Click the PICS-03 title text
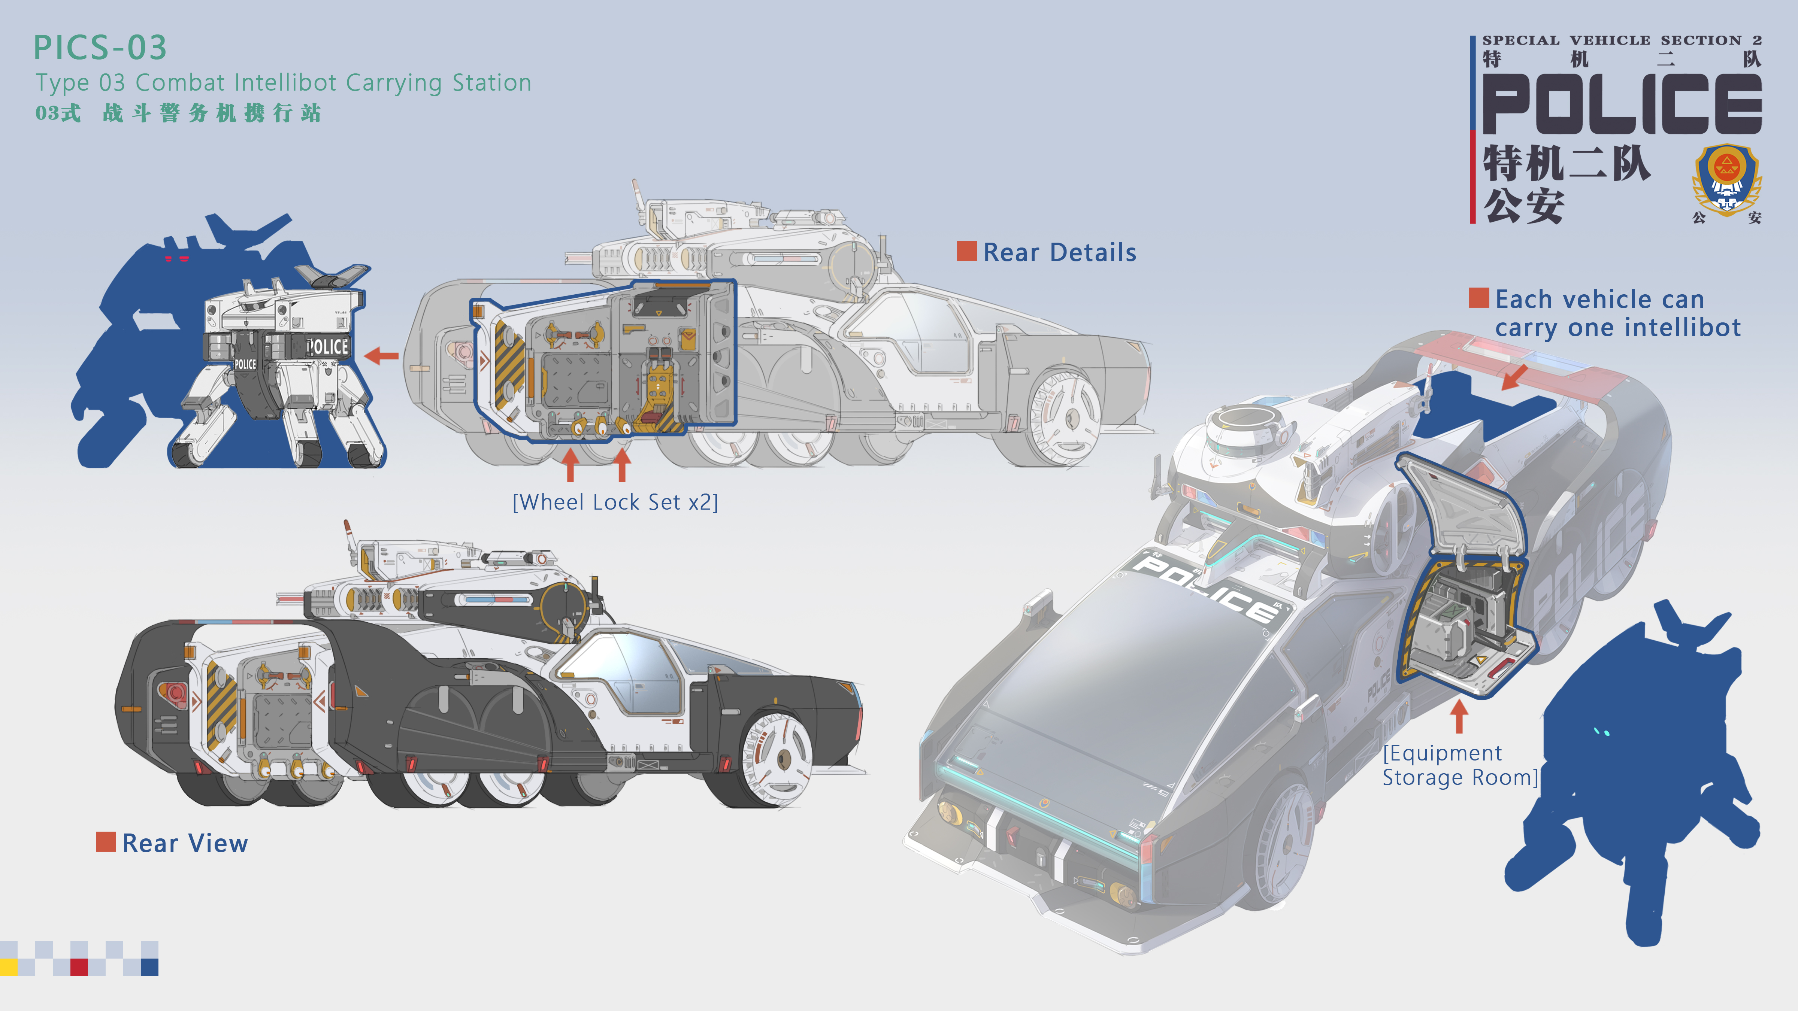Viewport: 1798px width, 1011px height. coord(100,48)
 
